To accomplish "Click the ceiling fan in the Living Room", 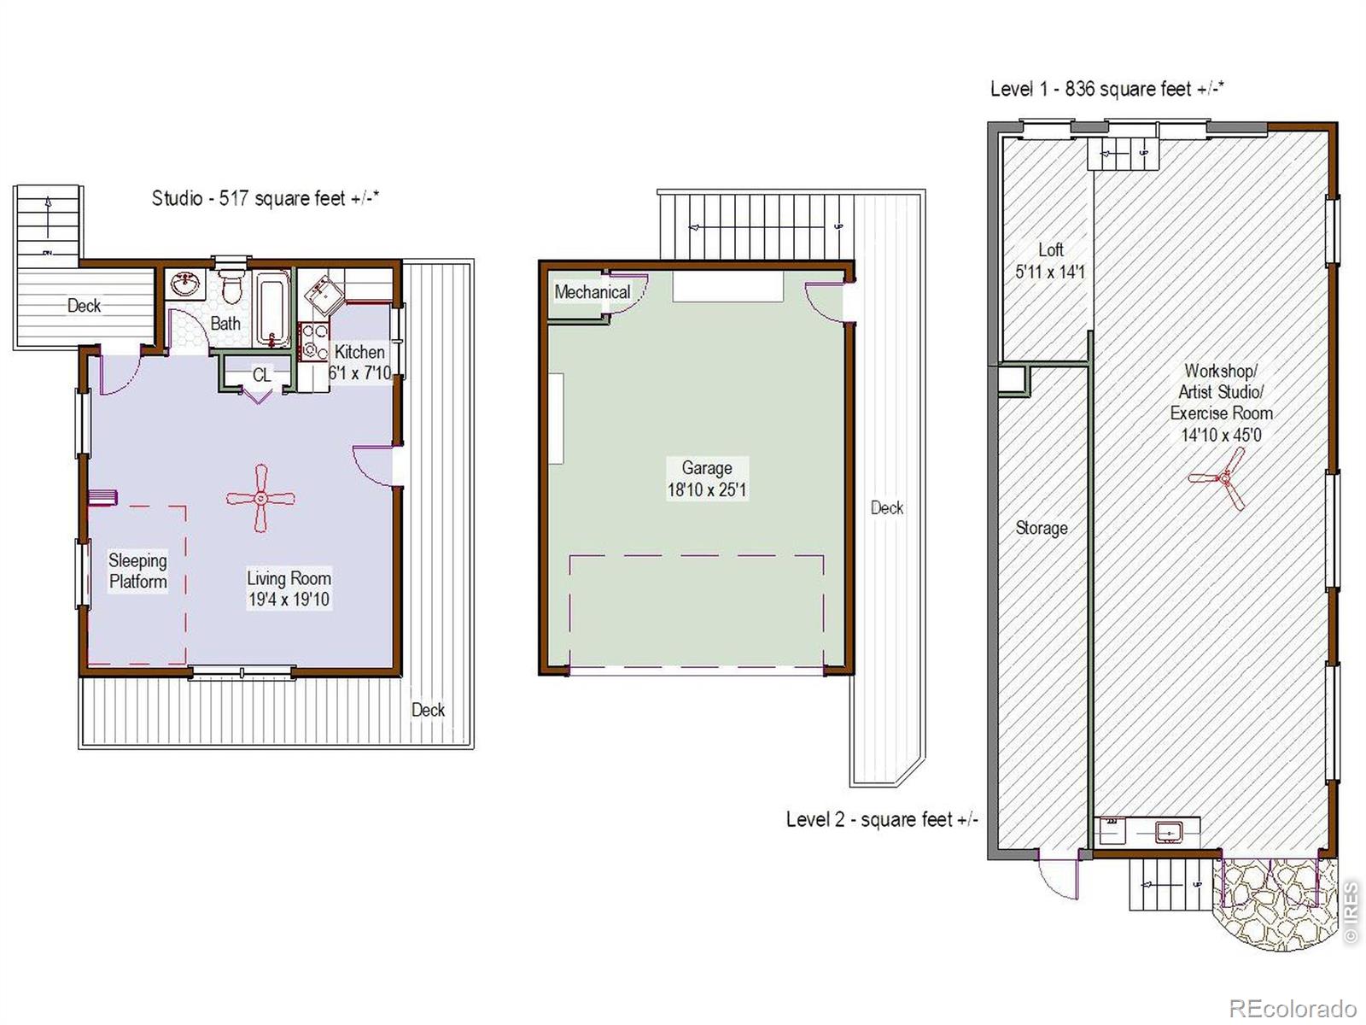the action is [260, 498].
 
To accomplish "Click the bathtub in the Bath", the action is [273, 308].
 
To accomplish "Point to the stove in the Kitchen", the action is [313, 341].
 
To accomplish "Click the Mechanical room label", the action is [592, 292].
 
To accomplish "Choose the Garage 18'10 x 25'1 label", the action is [706, 478].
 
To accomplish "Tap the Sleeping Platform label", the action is [137, 571].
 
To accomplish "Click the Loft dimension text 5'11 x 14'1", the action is [1050, 272].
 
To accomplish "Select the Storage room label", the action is [1041, 528].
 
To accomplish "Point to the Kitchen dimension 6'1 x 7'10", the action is [359, 372].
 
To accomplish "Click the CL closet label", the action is [262, 375].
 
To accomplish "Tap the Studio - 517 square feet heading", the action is [266, 198].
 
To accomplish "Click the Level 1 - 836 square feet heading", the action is [1107, 89].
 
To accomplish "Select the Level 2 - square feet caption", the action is [882, 819].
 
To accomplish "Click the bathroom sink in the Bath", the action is [185, 284].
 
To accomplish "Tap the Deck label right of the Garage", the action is [887, 508].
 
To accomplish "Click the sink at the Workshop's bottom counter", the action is [1169, 831].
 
